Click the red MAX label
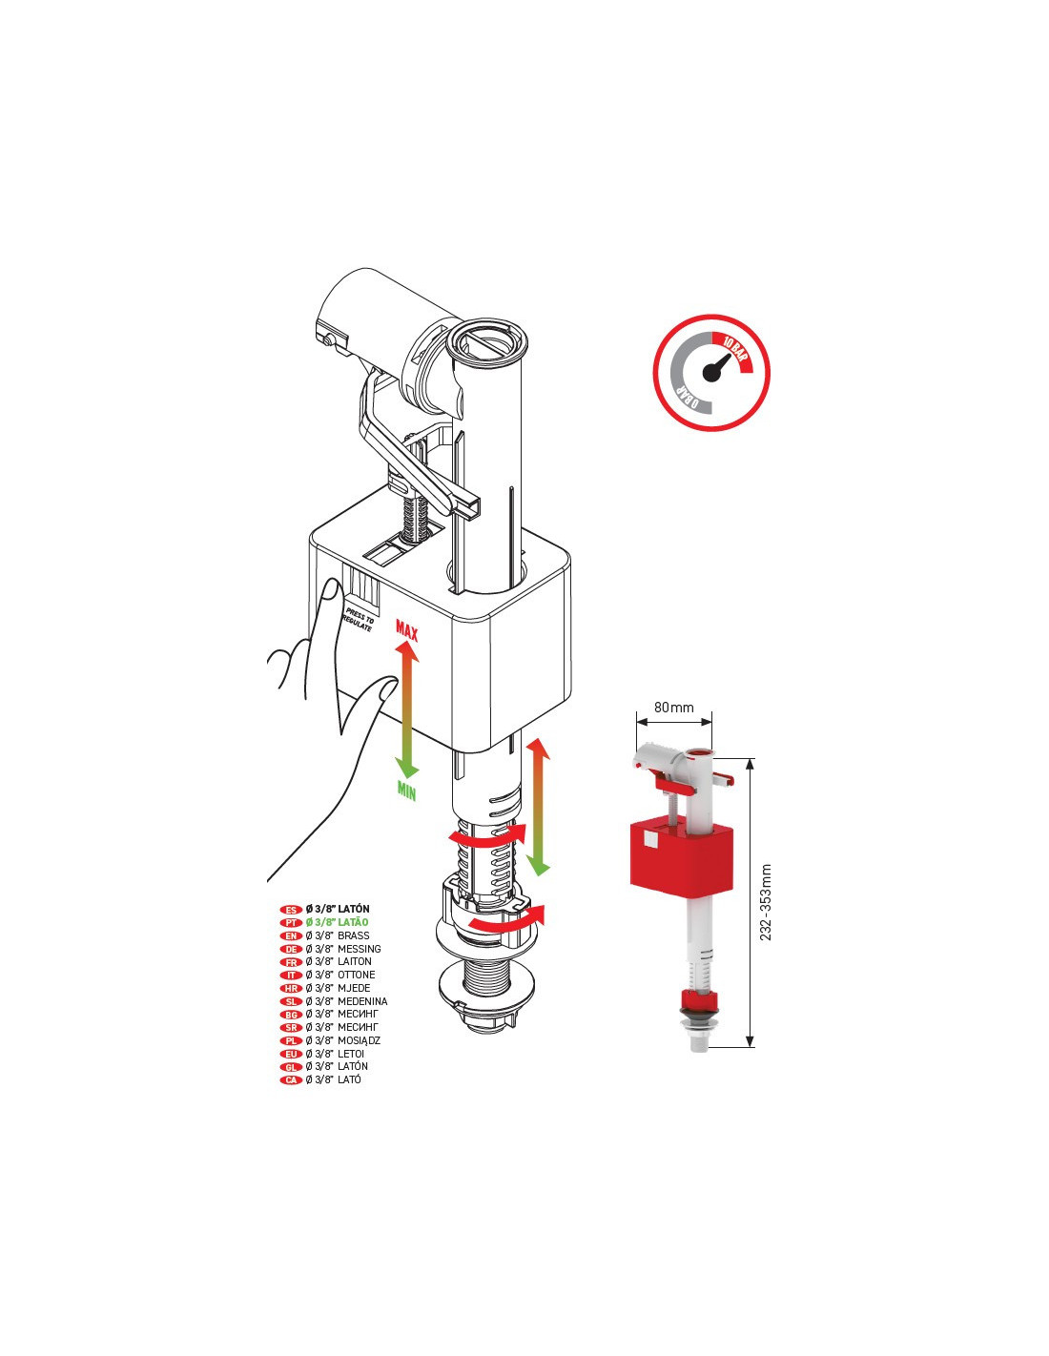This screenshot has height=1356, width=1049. [407, 631]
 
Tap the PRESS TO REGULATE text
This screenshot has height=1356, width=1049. [360, 619]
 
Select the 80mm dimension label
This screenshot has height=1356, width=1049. [673, 707]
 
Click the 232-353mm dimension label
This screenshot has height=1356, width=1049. [766, 902]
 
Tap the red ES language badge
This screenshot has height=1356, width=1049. [291, 910]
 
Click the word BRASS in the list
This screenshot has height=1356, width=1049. [353, 935]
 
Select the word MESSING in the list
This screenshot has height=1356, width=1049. [359, 949]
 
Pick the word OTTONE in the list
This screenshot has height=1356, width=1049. [357, 975]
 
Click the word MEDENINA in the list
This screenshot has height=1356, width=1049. [362, 1001]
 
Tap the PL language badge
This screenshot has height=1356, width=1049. [291, 1041]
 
